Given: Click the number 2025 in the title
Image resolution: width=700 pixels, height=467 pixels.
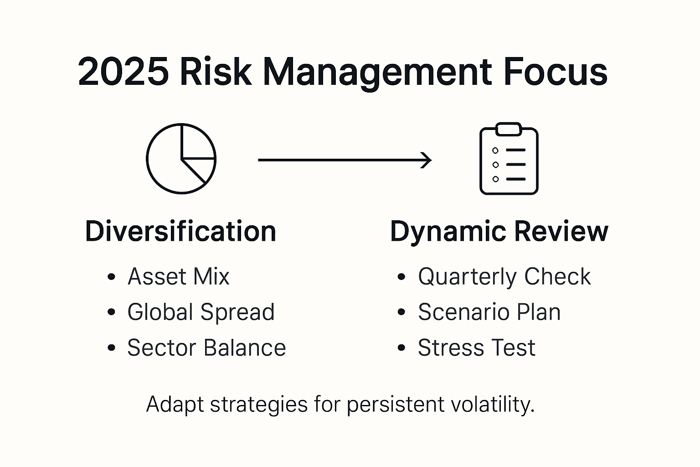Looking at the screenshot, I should point(123,72).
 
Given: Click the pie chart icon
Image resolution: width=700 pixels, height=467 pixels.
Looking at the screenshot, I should point(181,159).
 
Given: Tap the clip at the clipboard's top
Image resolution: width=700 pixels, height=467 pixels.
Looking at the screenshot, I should point(509,129).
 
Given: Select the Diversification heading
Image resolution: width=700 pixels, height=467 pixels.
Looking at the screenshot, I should point(180,231).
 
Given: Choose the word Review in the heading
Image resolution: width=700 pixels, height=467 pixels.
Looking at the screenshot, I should point(562,231).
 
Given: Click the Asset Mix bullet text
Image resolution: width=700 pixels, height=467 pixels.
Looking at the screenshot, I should point(178,276).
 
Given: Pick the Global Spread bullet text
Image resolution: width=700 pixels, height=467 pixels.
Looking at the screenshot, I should point(201,312).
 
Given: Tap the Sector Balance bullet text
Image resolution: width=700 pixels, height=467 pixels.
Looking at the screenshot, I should point(206,348).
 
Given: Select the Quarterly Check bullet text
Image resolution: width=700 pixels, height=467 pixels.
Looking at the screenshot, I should point(504,276).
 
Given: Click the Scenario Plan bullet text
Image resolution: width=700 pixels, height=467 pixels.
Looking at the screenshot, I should point(489,312).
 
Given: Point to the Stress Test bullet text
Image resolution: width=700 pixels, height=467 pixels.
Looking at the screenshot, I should point(476,348).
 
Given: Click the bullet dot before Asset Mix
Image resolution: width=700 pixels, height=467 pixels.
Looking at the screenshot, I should point(111,277).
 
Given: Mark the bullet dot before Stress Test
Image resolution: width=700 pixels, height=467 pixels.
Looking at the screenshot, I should point(401,348).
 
